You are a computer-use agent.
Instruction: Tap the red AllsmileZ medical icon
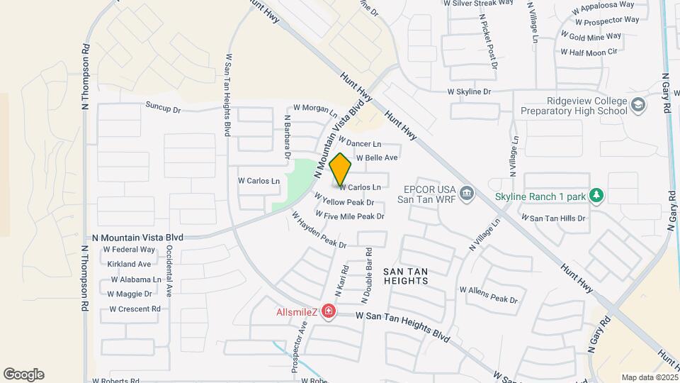(328, 311)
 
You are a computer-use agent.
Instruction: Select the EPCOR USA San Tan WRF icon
(466, 192)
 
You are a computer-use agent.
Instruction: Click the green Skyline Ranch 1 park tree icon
(596, 194)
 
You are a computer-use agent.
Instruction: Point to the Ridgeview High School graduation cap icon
(639, 105)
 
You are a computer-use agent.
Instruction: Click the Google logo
(23, 374)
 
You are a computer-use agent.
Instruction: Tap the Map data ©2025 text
(647, 377)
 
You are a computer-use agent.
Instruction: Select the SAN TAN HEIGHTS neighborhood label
(406, 276)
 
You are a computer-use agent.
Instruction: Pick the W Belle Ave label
(377, 157)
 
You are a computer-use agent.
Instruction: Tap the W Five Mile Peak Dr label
(350, 215)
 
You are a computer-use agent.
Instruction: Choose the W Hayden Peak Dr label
(318, 231)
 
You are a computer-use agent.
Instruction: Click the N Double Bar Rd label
(369, 272)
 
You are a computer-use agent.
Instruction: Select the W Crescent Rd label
(135, 309)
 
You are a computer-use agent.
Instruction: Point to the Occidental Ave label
(170, 272)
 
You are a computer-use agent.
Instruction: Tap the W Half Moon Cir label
(589, 52)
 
